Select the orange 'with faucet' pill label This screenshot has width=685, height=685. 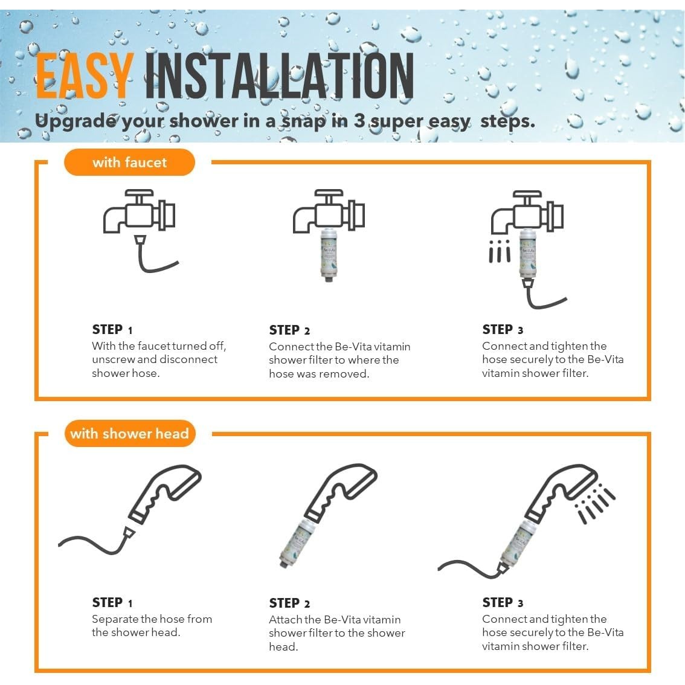(129, 162)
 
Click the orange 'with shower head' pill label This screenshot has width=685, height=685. (130, 433)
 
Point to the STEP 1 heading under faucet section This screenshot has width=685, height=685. (112, 329)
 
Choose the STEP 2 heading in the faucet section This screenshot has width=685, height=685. (289, 330)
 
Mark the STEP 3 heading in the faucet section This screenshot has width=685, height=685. (503, 329)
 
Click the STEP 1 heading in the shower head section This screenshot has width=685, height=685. (112, 602)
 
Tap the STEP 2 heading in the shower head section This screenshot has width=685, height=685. (289, 603)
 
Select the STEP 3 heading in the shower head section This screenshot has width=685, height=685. (503, 602)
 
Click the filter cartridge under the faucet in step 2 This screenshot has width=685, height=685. (329, 255)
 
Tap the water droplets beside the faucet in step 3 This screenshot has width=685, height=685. (500, 251)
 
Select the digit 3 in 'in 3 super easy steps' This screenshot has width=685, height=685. (359, 121)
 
